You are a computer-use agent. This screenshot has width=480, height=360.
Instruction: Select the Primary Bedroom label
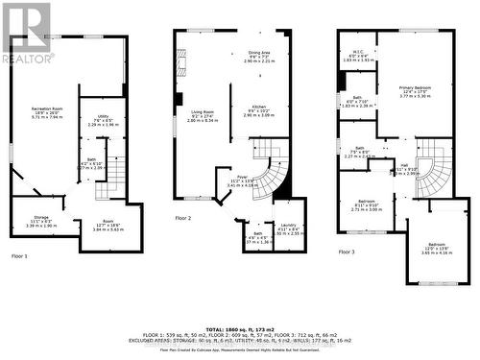416,87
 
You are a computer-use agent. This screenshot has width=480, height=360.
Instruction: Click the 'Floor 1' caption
20,256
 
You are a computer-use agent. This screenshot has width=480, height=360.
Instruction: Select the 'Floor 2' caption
182,219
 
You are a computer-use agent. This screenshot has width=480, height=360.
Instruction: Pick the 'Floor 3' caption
348,252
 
